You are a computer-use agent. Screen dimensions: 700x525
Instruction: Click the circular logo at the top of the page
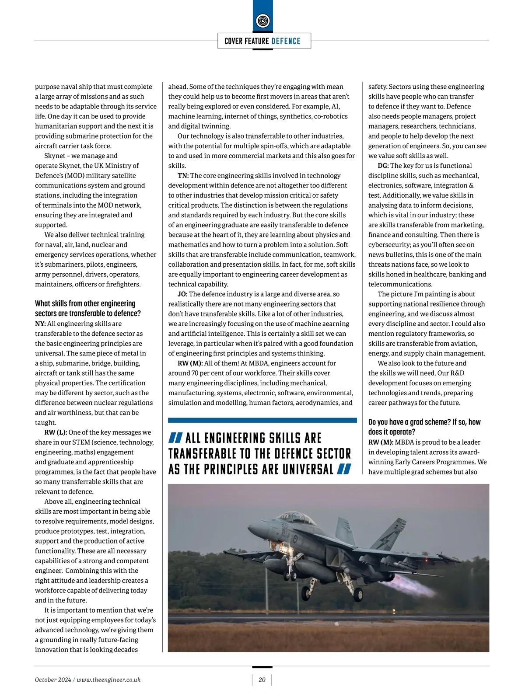262,20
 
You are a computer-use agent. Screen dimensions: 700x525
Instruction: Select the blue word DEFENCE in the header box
286,41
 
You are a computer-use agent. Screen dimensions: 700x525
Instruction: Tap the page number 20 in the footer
262,679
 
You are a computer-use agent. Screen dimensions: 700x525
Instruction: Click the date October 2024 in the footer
52,679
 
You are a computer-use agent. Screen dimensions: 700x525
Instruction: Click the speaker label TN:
183,175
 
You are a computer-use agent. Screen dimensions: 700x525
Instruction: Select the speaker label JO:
182,294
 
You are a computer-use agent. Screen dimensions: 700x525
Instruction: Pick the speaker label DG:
383,165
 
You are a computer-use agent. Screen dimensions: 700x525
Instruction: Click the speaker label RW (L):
56,432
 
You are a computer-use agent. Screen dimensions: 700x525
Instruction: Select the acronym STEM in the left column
81,442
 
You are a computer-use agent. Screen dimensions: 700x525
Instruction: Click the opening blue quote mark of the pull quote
175,438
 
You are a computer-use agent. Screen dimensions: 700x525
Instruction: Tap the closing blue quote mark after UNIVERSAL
344,469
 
